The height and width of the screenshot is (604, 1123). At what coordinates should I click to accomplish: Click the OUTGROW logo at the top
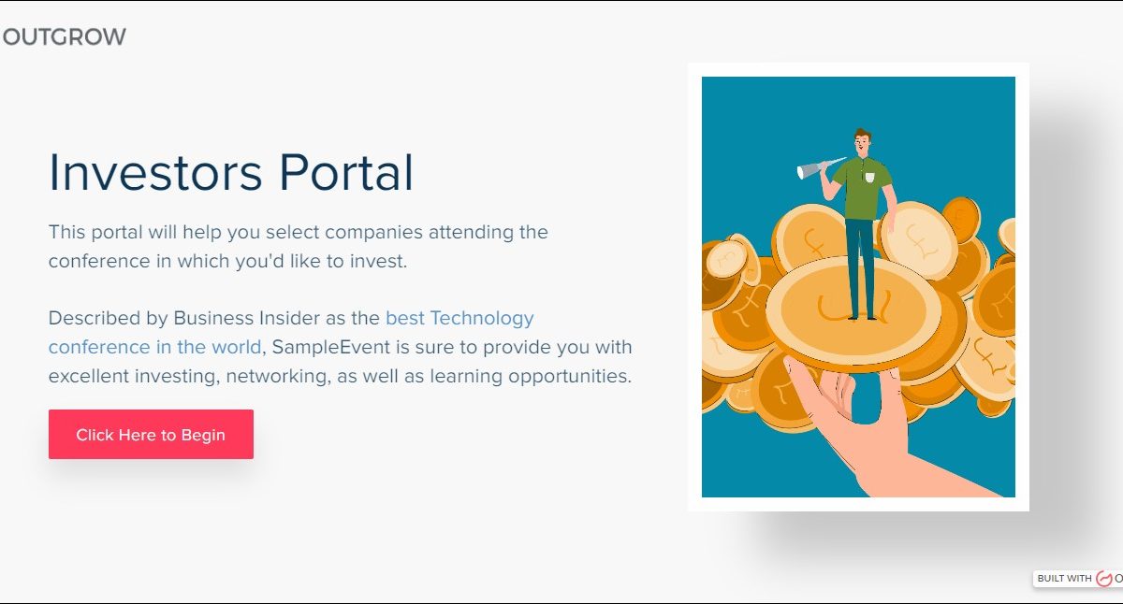[65, 36]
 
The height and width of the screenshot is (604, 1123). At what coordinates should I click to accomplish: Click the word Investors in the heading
[155, 172]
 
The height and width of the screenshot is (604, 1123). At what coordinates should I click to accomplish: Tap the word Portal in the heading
[346, 172]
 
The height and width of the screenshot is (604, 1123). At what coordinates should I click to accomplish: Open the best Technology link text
[459, 318]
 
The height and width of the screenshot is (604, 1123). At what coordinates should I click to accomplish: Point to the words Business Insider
[240, 318]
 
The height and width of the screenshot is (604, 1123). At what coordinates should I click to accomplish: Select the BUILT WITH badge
[1078, 579]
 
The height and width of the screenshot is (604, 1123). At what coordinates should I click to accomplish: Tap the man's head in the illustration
[862, 142]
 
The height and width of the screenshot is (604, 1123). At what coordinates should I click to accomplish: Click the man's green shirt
[863, 188]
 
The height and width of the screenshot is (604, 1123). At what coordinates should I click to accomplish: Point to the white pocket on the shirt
[869, 177]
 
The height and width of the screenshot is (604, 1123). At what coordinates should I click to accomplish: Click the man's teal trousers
[860, 266]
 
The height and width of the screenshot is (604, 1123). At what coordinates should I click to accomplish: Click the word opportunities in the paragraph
[570, 377]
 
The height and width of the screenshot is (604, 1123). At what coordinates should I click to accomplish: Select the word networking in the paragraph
[278, 377]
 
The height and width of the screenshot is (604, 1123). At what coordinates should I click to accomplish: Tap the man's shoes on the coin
[862, 317]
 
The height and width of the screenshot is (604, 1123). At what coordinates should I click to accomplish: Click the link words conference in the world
[155, 347]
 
